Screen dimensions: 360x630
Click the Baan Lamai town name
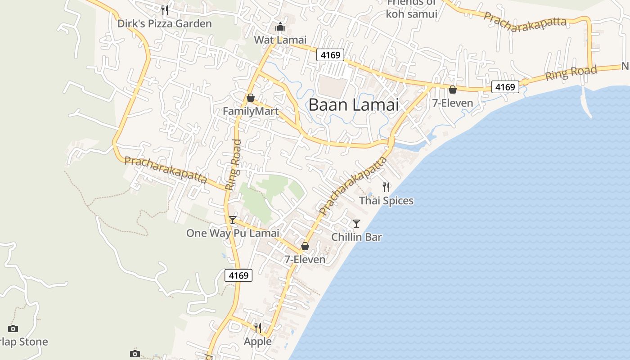354,105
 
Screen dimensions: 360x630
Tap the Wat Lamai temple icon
280,27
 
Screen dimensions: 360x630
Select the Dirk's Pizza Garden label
164,23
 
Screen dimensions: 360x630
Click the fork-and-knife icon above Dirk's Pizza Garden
165,10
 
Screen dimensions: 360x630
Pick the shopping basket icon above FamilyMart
251,98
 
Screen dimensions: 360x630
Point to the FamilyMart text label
251,111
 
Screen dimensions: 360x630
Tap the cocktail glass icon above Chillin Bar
356,223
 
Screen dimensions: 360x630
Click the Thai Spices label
386,201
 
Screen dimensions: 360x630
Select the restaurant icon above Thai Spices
386,187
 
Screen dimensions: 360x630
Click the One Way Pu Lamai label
233,233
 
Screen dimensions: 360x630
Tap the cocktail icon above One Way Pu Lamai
233,220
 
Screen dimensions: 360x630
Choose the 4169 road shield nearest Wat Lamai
330,55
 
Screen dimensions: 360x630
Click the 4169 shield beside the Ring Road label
505,87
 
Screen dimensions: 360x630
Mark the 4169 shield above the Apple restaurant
238,275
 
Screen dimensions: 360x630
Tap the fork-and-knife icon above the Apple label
258,328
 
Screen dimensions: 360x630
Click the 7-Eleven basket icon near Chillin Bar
305,246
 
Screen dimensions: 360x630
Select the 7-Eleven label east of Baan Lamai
453,103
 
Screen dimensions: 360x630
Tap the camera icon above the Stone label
13,328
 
